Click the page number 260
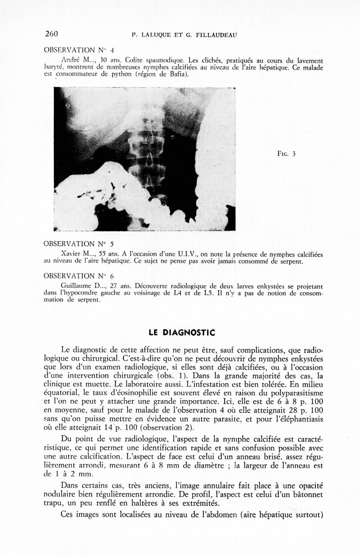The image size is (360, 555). pos(52,34)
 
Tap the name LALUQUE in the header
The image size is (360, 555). pos(157,35)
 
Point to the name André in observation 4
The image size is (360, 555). pos(70,59)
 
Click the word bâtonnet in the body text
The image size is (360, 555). pos(306,493)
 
